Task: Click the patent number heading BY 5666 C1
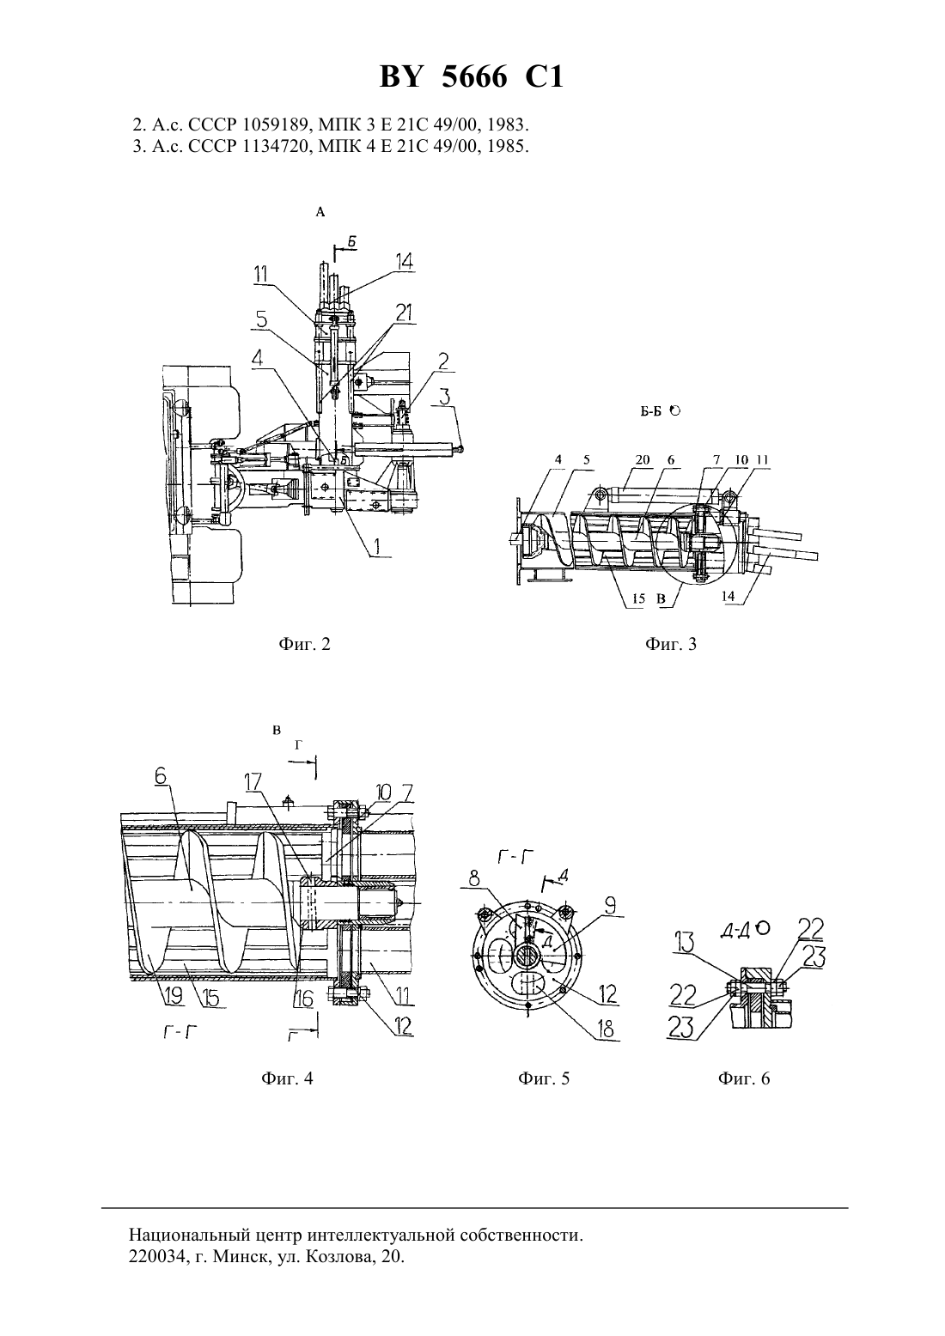click(472, 77)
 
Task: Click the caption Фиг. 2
click(304, 644)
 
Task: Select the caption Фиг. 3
click(671, 644)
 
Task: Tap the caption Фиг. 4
click(287, 1078)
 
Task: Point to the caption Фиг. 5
click(544, 1078)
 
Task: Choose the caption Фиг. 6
click(744, 1078)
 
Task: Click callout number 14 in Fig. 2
click(403, 262)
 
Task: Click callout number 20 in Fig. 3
click(643, 460)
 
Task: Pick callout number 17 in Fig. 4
click(253, 782)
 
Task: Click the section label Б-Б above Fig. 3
click(653, 411)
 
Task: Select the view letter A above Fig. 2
click(320, 212)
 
